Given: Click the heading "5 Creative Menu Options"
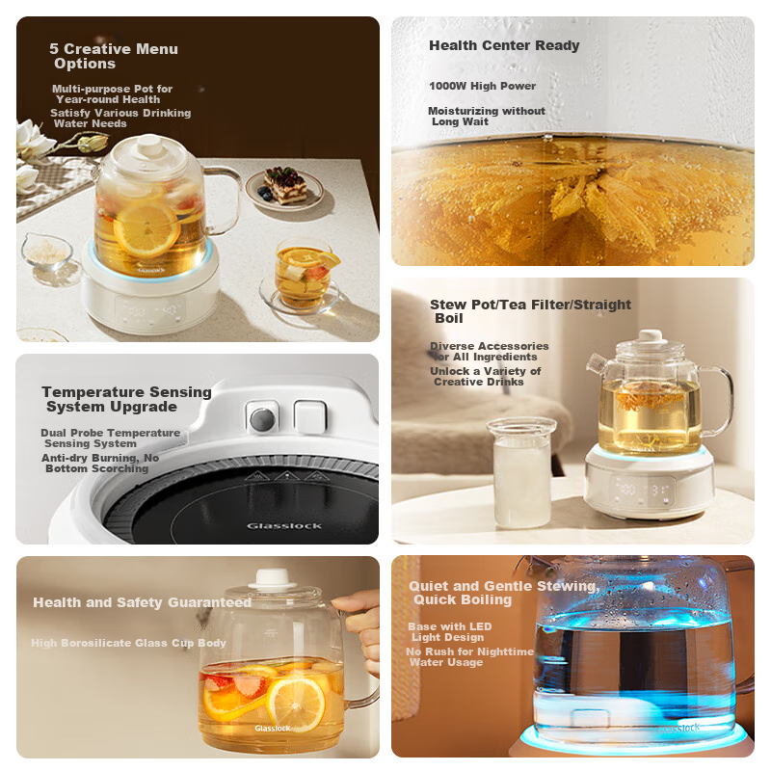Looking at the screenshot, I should [114, 56].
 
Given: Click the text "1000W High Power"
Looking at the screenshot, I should [482, 86].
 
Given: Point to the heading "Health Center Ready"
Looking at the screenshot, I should [504, 45].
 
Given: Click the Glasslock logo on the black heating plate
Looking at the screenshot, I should [278, 525].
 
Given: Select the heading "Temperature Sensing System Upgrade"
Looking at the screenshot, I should [126, 399].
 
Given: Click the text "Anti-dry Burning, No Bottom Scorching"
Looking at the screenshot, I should [100, 463].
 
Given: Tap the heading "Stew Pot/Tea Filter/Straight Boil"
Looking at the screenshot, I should [530, 310].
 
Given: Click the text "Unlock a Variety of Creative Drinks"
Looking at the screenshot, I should [486, 376].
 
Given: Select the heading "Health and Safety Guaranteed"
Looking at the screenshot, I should [142, 602].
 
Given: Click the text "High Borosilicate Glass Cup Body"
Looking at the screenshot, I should [128, 643].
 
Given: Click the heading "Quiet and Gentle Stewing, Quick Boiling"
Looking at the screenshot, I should [501, 593].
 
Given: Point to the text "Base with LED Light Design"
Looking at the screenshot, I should [449, 631].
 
